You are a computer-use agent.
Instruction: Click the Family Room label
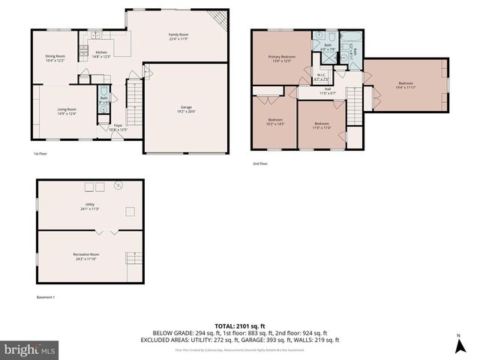(x=178, y=34)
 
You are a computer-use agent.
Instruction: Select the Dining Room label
(x=55, y=55)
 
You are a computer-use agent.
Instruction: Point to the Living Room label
(x=67, y=109)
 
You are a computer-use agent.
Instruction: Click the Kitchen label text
(x=100, y=53)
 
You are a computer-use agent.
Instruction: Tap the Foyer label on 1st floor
(x=118, y=125)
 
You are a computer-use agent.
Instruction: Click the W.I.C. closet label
(x=319, y=74)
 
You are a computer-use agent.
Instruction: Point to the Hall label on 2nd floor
(x=328, y=89)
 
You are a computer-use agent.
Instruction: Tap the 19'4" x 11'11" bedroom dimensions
(x=405, y=87)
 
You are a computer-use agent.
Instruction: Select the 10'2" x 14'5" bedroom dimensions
(x=276, y=124)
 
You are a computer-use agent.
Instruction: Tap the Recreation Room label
(x=86, y=254)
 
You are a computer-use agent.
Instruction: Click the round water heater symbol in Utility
(x=117, y=185)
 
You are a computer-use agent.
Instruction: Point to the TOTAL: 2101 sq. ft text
(x=239, y=325)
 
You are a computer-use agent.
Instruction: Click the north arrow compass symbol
(x=458, y=345)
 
